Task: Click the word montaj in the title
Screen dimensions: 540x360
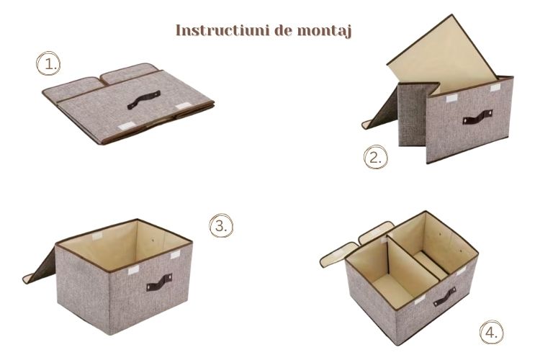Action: pos(324,31)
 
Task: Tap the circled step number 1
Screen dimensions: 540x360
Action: pos(48,63)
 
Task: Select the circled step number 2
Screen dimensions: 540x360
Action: pos(375,157)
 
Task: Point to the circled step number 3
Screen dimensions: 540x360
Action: pos(221,225)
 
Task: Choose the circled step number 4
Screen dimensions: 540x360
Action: pos(492,333)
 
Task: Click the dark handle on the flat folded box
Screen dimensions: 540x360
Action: pos(143,100)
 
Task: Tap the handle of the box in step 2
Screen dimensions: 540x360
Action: pos(477,117)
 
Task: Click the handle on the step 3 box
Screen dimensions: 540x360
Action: pos(159,282)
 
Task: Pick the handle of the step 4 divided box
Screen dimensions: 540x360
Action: pos(445,297)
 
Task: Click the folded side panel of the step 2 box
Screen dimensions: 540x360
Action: pos(413,114)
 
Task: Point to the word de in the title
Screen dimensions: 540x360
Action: pos(283,30)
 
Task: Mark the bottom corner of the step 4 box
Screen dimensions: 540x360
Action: pos(398,345)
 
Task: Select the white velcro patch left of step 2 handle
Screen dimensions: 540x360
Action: pos(451,99)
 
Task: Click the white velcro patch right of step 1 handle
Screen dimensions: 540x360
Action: pos(183,105)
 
